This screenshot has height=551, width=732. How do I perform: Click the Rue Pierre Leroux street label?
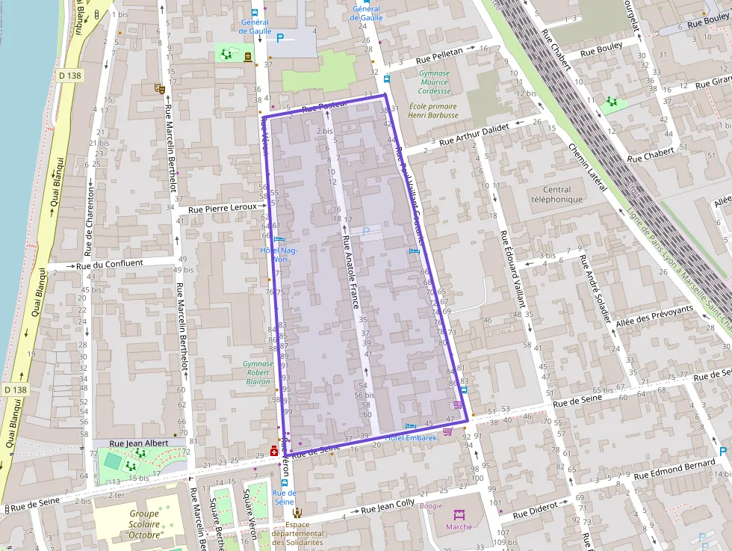223,209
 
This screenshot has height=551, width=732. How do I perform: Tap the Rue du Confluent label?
109,264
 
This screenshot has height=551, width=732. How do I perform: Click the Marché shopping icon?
459,515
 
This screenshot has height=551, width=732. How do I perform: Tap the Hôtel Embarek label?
411,437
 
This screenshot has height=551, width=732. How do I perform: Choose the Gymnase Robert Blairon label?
258,372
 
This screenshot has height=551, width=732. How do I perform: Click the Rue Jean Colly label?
388,508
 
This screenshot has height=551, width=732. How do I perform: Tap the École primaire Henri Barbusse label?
433,111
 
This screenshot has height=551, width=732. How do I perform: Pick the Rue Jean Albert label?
139,443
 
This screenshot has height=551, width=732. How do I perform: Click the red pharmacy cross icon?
274,452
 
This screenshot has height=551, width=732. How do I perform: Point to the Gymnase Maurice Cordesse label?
434,82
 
